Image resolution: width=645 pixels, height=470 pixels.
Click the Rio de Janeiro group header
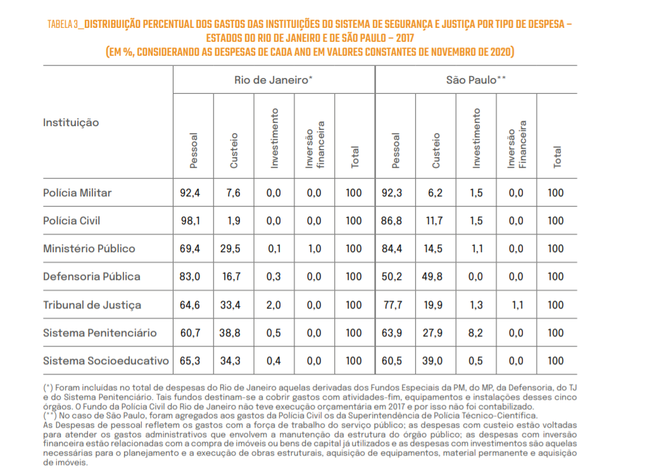273,80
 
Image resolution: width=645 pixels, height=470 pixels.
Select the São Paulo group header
476,80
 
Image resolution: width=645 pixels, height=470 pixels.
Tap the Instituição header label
71,123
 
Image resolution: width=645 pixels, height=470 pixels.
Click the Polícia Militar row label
77,193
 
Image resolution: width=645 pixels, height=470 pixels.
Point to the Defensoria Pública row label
92,277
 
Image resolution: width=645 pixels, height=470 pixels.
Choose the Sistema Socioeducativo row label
106,361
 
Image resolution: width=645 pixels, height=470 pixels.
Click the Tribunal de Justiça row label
92,305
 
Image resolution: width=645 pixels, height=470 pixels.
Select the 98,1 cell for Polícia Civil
191,221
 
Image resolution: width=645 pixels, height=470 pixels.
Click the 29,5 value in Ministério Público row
230,249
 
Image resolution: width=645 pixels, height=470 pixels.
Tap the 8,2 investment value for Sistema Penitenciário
475,333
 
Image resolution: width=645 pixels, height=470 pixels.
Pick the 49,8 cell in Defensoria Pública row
432,277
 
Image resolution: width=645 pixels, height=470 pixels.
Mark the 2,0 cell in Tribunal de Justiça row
273,305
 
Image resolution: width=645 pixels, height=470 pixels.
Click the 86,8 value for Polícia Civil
392,221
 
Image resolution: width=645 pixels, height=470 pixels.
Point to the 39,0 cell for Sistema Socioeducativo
433,361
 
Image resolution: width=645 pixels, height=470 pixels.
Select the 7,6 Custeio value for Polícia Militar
233,193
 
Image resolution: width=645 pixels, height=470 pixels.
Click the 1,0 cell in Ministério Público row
315,249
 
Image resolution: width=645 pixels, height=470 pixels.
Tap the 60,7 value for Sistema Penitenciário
191,333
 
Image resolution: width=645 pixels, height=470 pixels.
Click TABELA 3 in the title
63,25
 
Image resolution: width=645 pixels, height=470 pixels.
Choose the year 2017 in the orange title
405,38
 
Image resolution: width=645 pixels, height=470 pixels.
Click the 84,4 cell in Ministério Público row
392,249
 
